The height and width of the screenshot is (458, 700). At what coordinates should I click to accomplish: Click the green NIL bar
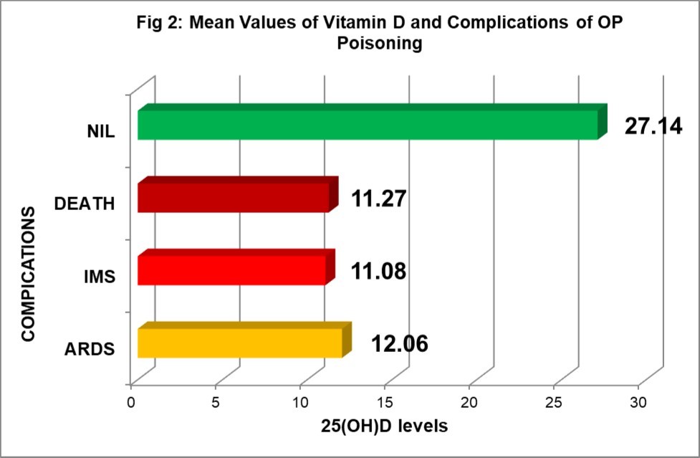pos(368,124)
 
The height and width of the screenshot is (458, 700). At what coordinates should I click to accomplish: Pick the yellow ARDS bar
pos(239,343)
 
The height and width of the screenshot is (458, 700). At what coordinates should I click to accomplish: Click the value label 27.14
pos(653,126)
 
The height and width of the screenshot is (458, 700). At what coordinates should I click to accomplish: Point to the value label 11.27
pos(379,199)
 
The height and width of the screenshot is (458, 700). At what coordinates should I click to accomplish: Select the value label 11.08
pos(379,272)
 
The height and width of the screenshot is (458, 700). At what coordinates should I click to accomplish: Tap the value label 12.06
pos(399,344)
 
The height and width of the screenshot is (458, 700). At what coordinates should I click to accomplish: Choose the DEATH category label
pos(85,204)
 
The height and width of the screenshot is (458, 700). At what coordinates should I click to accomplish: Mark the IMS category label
pos(99,277)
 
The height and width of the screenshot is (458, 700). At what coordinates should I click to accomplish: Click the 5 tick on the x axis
pos(216,401)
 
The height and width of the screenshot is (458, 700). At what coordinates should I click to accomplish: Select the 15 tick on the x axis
pos(385,401)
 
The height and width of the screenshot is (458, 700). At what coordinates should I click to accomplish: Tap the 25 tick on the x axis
pos(554,401)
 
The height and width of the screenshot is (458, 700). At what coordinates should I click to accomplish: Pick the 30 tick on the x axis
pos(638,401)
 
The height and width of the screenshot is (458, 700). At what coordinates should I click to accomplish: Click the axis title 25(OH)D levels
pos(384,426)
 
